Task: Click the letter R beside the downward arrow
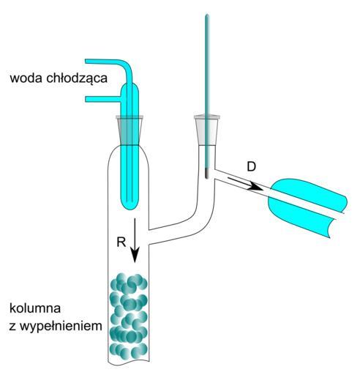(x=121, y=242)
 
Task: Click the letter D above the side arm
(x=251, y=167)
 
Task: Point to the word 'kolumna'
(x=35, y=308)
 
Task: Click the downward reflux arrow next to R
(x=135, y=240)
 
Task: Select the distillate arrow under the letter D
(x=245, y=184)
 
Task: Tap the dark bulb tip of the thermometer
(x=206, y=174)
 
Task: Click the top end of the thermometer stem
(x=207, y=15)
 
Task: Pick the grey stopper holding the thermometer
(x=207, y=130)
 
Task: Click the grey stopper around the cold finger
(x=130, y=130)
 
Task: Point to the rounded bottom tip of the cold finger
(x=130, y=207)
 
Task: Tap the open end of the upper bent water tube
(x=86, y=62)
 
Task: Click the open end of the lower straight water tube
(x=86, y=99)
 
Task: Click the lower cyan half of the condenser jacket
(x=300, y=216)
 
